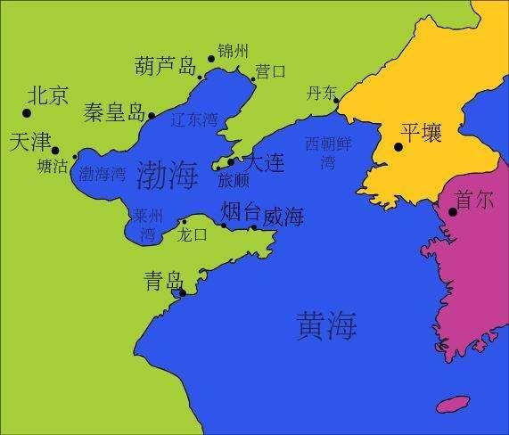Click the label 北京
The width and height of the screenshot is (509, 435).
tap(48, 95)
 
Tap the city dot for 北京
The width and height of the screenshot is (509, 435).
tap(27, 113)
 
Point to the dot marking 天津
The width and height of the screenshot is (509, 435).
tap(55, 151)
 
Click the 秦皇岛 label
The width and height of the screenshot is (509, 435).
tap(114, 112)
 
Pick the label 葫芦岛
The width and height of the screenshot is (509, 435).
tap(166, 66)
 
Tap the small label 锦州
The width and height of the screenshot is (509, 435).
tap(234, 50)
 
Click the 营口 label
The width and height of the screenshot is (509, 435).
tap(270, 70)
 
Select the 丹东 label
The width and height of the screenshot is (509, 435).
tap(322, 93)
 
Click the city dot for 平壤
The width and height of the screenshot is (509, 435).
tap(398, 147)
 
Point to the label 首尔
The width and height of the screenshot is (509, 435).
tap(473, 200)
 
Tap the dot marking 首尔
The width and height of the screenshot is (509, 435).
tap(453, 211)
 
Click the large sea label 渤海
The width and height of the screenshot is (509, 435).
tap(168, 175)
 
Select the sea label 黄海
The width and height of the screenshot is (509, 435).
tap(326, 327)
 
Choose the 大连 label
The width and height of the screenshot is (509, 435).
tap(264, 163)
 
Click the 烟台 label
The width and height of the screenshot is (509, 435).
tap(241, 212)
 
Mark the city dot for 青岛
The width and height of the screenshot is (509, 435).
tap(183, 292)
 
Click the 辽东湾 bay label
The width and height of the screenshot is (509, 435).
tap(193, 118)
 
